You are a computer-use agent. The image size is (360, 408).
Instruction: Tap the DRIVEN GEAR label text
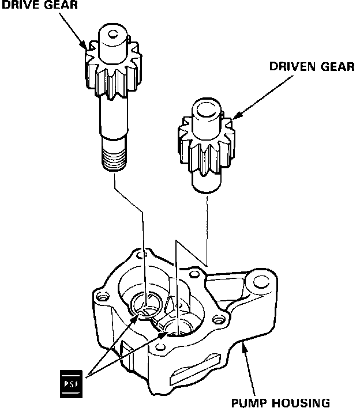[x=312, y=66]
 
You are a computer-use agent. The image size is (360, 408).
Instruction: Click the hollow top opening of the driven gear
[x=205, y=107]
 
